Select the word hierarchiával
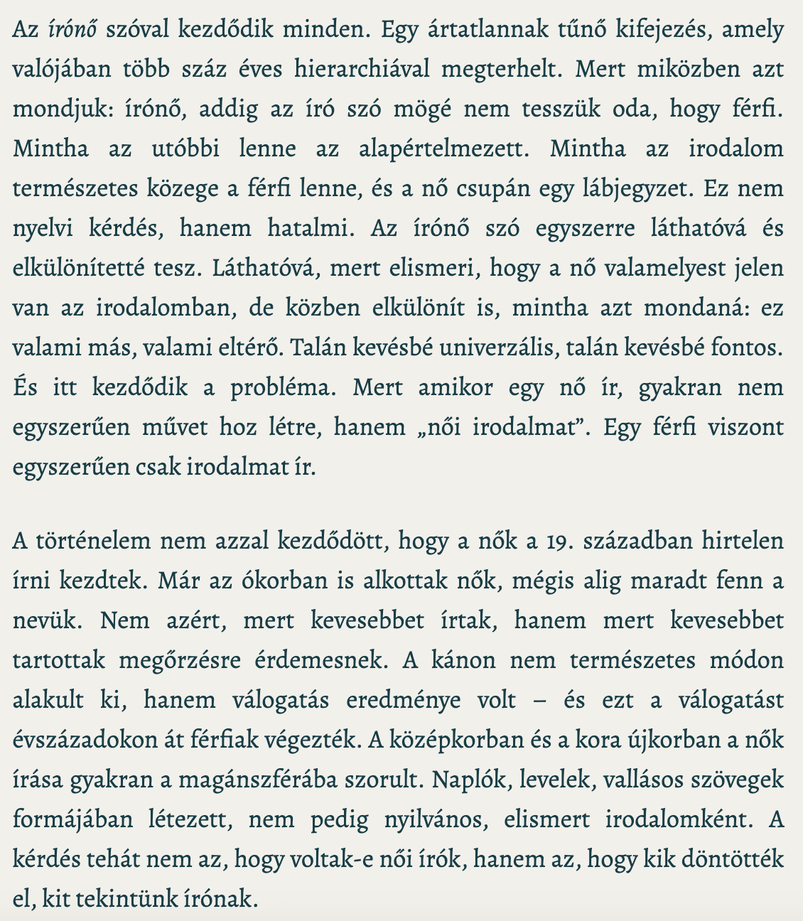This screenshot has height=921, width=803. (x=353, y=69)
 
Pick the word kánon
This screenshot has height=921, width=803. (x=464, y=661)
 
